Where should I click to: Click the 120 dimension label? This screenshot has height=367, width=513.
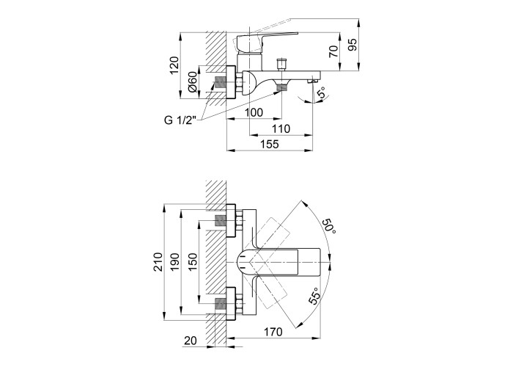pos(174,65)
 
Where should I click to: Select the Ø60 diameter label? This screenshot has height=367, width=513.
pos(193,81)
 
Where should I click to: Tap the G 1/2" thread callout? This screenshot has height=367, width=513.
pos(180,120)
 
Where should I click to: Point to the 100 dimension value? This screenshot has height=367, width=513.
pos(254,112)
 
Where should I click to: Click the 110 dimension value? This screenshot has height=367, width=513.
pos(281,128)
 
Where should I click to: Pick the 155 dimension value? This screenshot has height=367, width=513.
pos(270,144)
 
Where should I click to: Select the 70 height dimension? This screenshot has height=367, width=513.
pos(333,51)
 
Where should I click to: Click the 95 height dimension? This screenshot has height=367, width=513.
pos(353,45)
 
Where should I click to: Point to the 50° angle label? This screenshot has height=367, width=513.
pos(330,226)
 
